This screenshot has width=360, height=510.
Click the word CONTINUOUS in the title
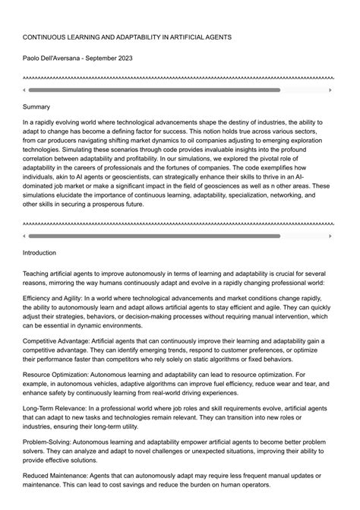[x=46, y=36]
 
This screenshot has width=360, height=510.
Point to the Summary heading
[x=36, y=107]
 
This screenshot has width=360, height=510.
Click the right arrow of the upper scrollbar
[x=332, y=90]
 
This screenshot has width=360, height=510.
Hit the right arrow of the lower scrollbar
[x=332, y=236]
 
